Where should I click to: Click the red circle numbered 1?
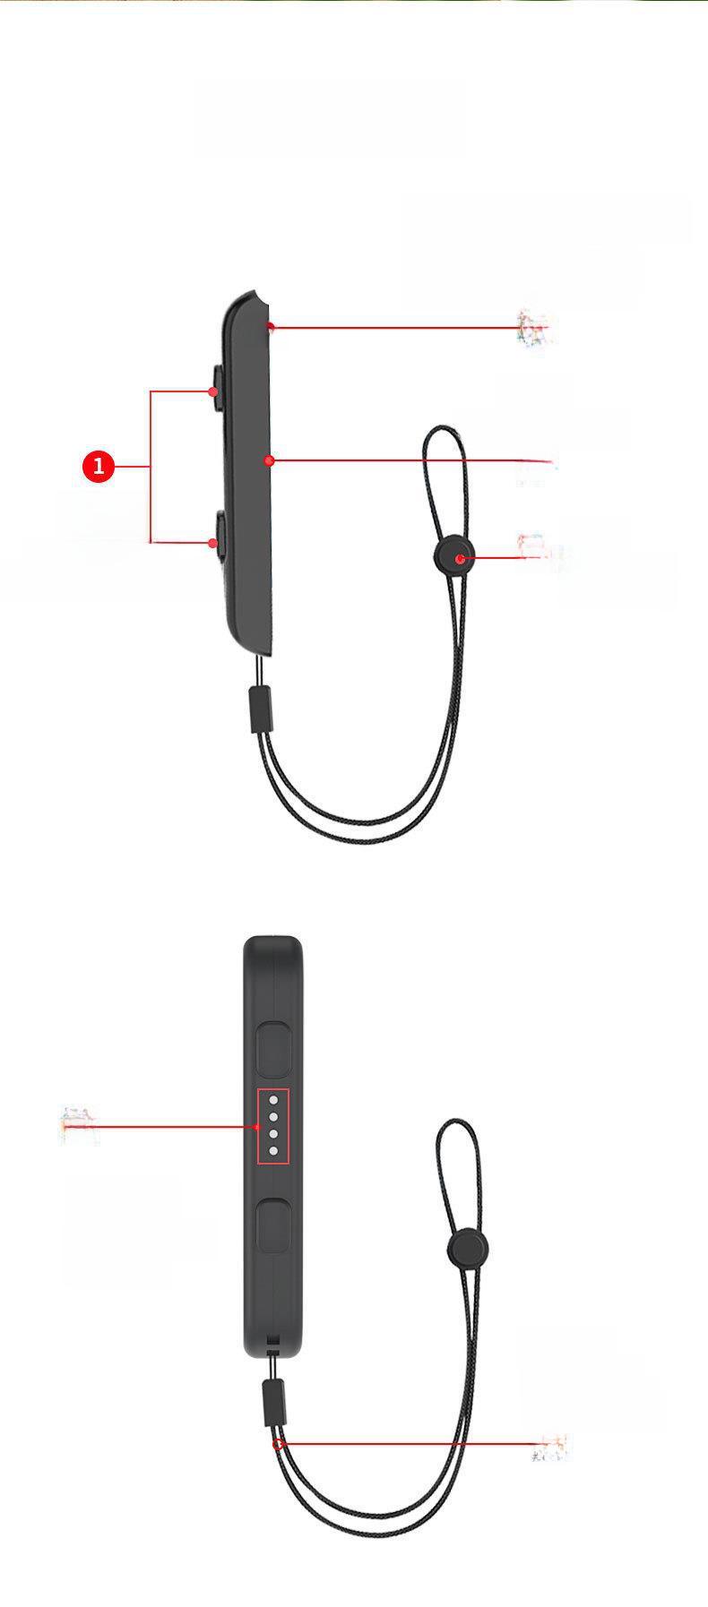99,467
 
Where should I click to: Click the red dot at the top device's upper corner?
271,327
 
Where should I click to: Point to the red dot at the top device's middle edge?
269,460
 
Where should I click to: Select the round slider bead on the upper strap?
457,558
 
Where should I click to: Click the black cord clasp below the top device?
260,709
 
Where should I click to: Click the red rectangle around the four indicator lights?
273,1127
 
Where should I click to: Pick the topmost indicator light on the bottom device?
273,1099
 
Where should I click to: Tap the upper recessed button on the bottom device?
274,1047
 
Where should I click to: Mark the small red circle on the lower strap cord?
279,1443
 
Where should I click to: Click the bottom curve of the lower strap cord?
367,1543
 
